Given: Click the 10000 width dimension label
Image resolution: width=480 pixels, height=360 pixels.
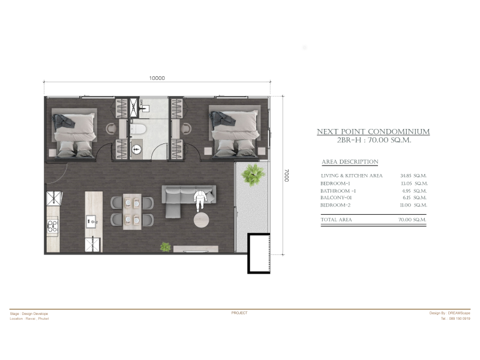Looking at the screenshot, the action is point(157,78).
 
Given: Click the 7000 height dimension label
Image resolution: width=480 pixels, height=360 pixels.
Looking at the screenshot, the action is point(286,175).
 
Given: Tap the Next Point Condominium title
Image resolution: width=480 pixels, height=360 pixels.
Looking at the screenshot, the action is point(373,131).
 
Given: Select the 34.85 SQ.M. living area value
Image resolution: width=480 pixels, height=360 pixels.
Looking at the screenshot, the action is point(413,176).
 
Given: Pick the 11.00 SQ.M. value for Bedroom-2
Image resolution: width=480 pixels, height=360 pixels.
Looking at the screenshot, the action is point(413,205).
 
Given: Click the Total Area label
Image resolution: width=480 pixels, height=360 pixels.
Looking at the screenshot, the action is point(336,220).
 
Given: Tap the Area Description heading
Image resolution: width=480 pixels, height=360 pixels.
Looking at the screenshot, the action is point(350,161).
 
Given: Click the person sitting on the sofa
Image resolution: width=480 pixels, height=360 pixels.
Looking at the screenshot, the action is point(200,200).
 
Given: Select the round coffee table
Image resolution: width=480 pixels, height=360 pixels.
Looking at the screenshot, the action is point(202,220).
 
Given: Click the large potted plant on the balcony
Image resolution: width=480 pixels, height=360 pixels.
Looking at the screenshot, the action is point(253,174).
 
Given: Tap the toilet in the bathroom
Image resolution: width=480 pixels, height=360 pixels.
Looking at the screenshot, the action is point(138,129).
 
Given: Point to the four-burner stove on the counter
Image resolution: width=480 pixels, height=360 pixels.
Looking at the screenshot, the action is point(52,226).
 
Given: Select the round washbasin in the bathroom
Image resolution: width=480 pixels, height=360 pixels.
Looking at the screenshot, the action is point(137,149).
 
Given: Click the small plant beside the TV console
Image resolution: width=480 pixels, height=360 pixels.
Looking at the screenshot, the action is point(166,247).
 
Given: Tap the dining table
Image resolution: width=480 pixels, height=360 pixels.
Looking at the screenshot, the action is point(132,212).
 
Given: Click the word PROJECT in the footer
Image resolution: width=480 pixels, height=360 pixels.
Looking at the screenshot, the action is point(239,313).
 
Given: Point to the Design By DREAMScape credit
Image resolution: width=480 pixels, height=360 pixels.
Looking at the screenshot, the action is point(449,313).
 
